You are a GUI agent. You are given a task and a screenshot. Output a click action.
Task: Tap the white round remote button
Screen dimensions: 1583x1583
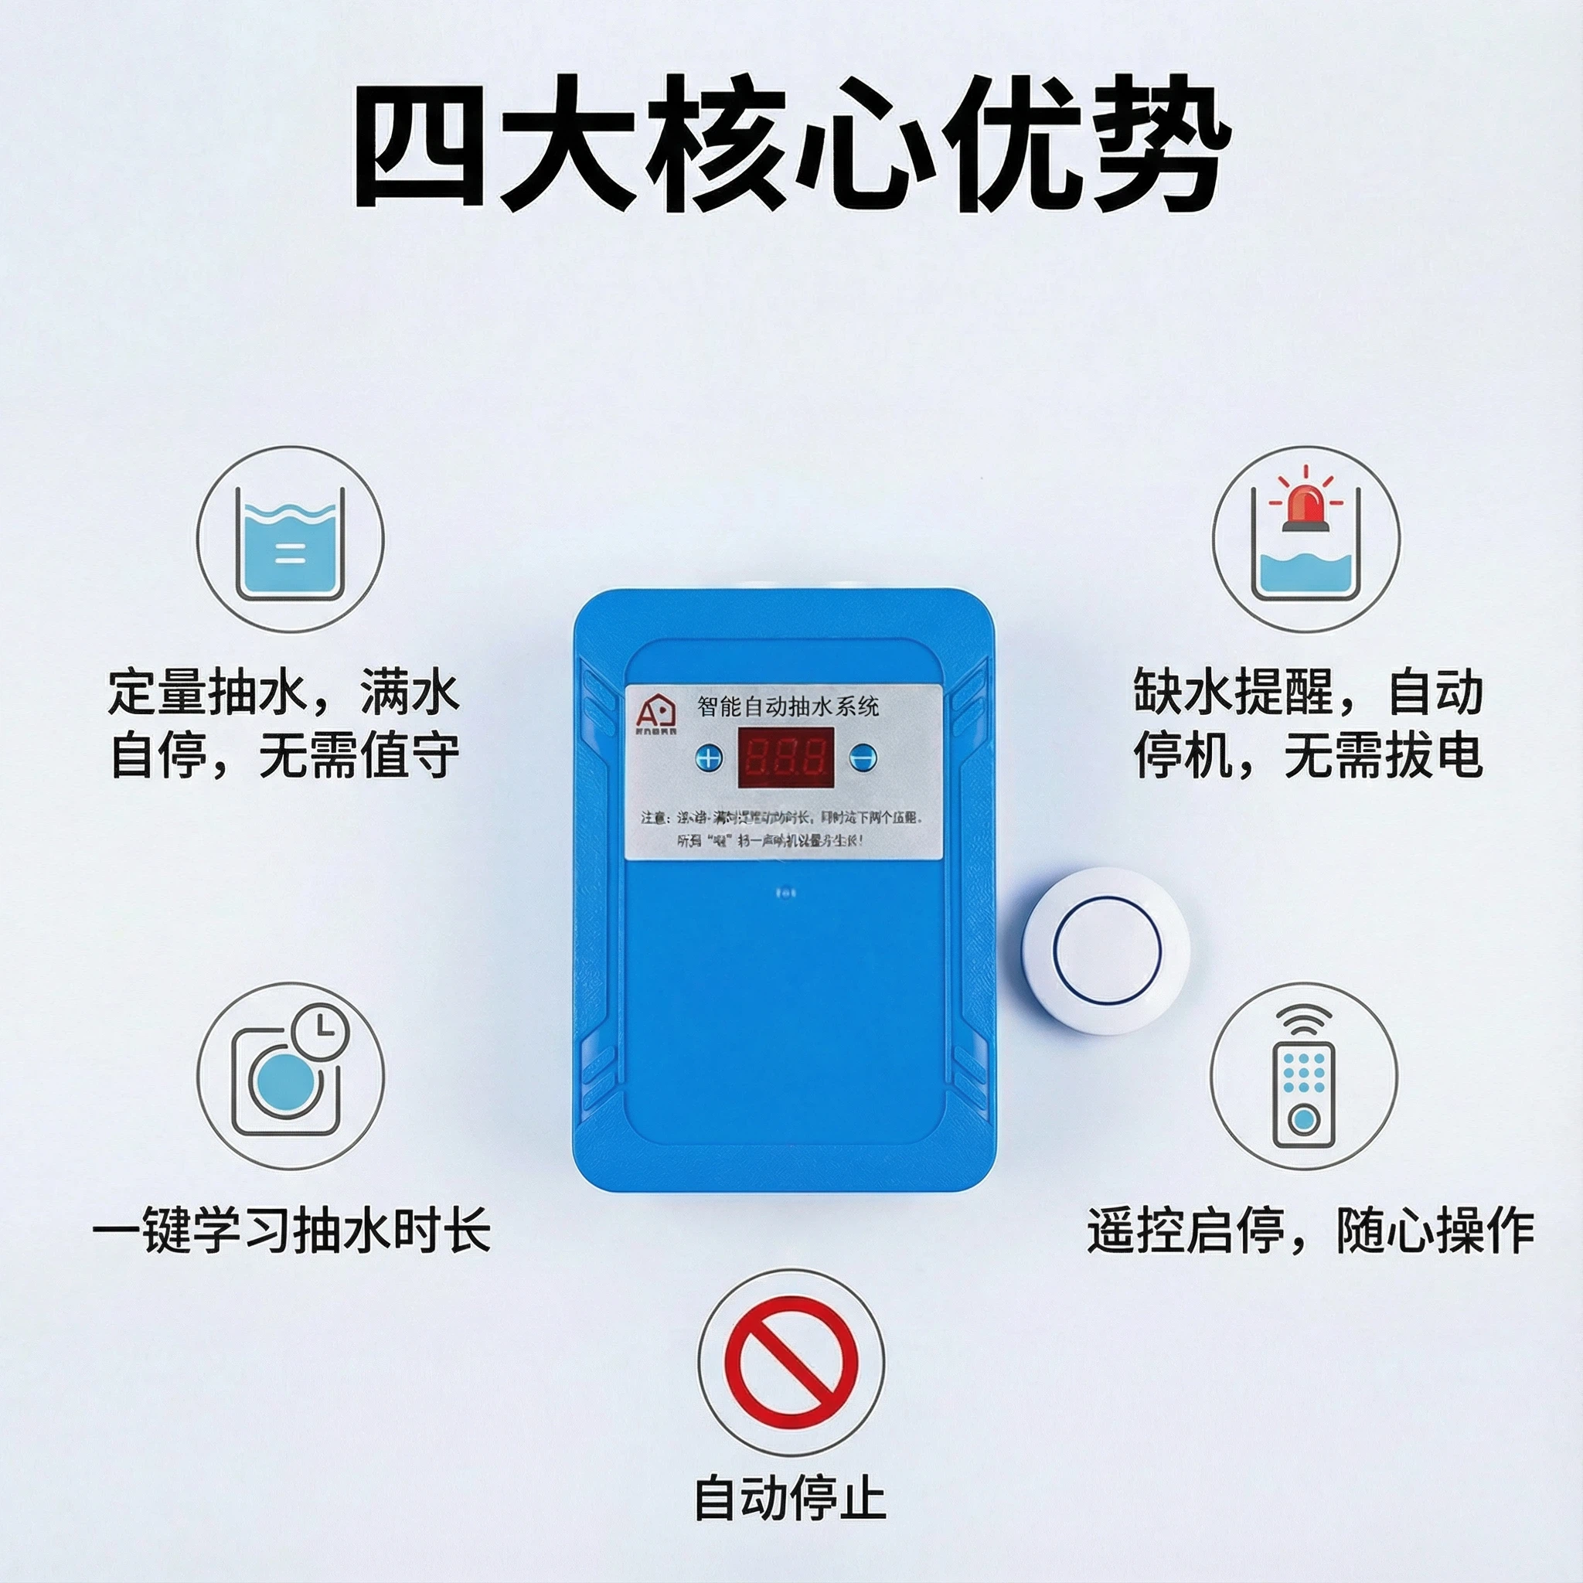pyautogui.click(x=1107, y=951)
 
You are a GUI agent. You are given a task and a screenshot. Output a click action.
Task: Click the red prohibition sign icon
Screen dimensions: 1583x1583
pyautogui.click(x=791, y=1361)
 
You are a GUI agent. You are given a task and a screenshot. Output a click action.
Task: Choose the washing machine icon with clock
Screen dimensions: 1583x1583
pyautogui.click(x=289, y=1077)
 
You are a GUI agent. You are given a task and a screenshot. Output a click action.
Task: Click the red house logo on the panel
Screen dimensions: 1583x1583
pyautogui.click(x=655, y=709)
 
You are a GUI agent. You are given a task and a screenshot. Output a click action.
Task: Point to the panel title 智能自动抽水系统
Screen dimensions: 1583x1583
pyautogui.click(x=788, y=706)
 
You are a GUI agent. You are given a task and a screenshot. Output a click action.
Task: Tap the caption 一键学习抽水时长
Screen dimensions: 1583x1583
pyautogui.click(x=291, y=1230)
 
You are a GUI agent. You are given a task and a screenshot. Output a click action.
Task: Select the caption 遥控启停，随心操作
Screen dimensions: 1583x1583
pyautogui.click(x=1310, y=1230)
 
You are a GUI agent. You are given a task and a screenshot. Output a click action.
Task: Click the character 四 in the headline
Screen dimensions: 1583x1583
pyautogui.click(x=418, y=145)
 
